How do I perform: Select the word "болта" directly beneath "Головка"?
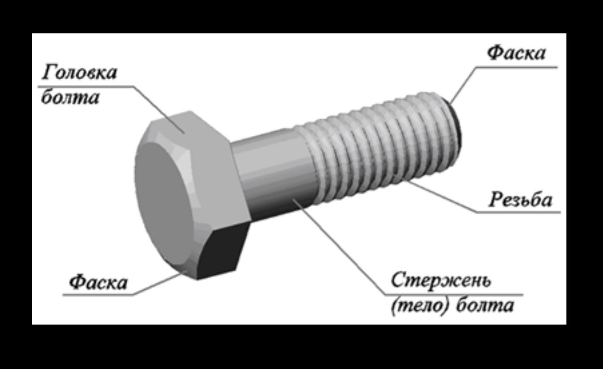pos(70,97)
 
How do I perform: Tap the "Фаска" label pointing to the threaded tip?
pos(516,53)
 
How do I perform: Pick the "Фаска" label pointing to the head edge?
pos(98,282)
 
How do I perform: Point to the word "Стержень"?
pos(440,280)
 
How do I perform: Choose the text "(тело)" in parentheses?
pos(417,306)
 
